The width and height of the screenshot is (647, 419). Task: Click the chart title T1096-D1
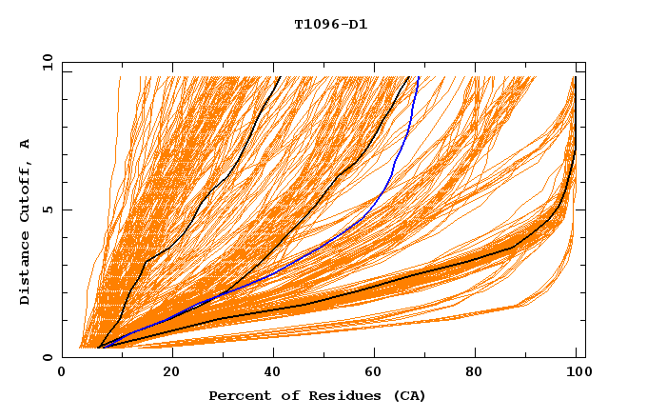[x=330, y=24]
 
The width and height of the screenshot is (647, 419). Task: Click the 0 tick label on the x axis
[x=62, y=374]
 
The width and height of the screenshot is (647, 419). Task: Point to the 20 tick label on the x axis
[x=171, y=374]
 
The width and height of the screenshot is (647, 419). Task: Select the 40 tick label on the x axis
[x=275, y=374]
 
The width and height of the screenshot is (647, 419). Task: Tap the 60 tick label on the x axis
[x=378, y=374]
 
